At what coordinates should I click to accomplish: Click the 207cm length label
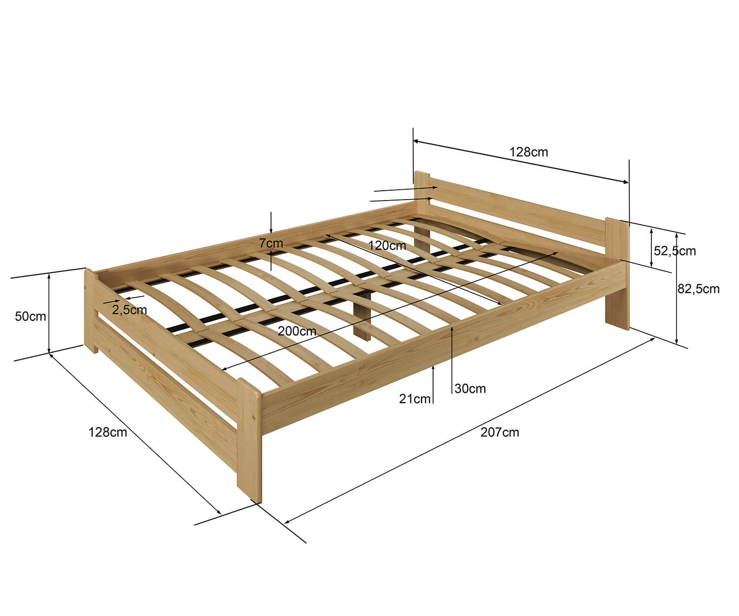[x=500, y=432]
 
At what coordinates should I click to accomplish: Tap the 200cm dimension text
[x=297, y=331]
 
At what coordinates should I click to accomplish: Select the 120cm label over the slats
[x=387, y=245]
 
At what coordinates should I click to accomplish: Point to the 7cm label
[x=271, y=243]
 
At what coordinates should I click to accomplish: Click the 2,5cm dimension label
[x=130, y=310]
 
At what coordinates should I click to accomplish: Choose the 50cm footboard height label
[x=31, y=316]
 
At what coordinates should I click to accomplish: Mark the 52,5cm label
[x=674, y=251]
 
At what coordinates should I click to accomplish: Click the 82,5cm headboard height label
[x=699, y=289]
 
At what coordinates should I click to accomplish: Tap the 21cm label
[x=414, y=399]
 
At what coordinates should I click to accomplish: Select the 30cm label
[x=470, y=389]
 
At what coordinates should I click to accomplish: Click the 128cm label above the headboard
[x=529, y=152]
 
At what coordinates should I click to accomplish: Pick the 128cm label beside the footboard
[x=107, y=432]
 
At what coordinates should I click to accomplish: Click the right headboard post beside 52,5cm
[x=618, y=274]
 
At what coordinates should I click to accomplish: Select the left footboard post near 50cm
[x=91, y=311]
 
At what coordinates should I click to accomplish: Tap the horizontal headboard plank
[x=517, y=209]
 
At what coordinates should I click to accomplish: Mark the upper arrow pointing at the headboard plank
[x=406, y=189]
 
